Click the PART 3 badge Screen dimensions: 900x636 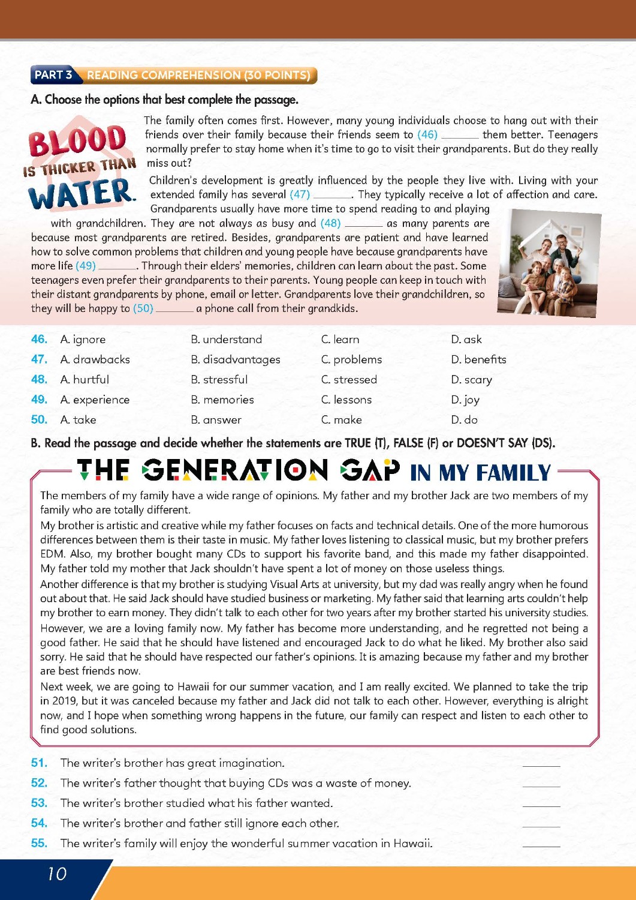tap(53, 75)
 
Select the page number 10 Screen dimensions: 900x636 tap(57, 874)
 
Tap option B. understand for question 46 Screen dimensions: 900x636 tap(226, 340)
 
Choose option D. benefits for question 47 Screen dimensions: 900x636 tap(478, 359)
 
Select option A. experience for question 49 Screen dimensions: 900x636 tap(95, 400)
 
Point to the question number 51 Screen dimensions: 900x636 tap(39, 763)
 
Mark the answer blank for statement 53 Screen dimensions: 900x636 tap(541, 803)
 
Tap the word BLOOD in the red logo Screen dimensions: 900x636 tap(78, 142)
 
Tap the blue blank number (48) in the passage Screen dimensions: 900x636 tap(330, 223)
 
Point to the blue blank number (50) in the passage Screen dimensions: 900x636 tap(143, 308)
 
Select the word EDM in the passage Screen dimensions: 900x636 tap(52, 554)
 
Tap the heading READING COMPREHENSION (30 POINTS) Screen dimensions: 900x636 tap(198, 75)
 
